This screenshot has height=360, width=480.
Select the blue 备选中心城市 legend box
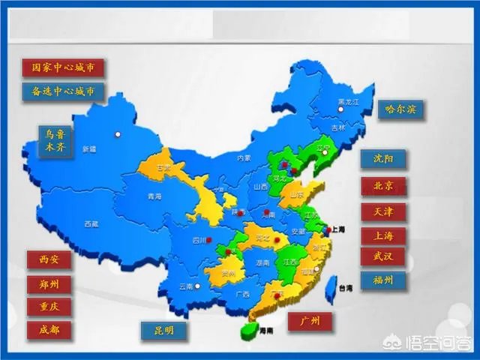(63, 91)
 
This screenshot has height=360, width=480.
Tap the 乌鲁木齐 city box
(55, 140)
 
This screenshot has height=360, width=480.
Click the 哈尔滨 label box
(400, 109)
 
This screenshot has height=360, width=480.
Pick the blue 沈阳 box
(383, 159)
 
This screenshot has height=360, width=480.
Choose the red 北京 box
(383, 185)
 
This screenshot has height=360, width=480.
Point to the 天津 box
(383, 211)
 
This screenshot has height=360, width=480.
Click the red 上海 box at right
(383, 235)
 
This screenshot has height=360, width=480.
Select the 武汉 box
(383, 256)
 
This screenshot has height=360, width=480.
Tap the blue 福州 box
(383, 280)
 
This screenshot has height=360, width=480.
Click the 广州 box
(310, 321)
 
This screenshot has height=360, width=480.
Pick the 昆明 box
(163, 330)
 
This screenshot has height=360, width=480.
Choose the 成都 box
(49, 329)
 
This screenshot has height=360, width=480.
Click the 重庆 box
(49, 307)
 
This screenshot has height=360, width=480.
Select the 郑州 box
(49, 283)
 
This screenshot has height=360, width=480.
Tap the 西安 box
(49, 259)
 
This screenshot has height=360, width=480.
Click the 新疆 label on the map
(90, 148)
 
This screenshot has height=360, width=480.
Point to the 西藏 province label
(91, 223)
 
